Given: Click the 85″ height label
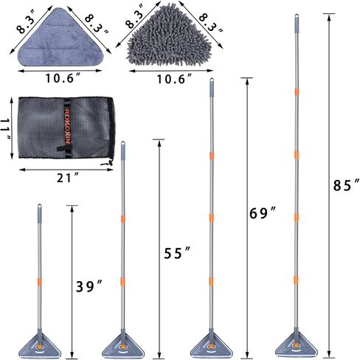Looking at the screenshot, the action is click(346, 185).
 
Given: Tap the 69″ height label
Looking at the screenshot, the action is click(263, 213).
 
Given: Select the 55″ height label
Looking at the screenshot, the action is click(177, 253).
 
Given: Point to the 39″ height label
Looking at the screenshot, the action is click(89, 286).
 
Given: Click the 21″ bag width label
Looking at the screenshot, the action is click(68, 178).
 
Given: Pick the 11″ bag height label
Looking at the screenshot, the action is click(6, 129).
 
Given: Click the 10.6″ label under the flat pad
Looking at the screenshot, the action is click(63, 78).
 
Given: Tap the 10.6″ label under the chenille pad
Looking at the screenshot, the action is click(174, 79).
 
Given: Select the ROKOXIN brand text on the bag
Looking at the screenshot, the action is click(67, 125).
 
